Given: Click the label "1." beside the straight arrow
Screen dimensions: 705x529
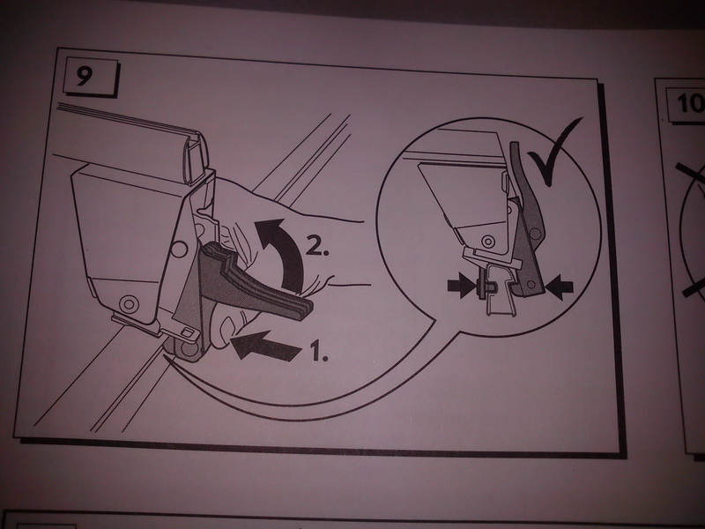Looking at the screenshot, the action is [319, 351].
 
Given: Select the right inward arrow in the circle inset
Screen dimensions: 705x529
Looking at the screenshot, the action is [559, 287].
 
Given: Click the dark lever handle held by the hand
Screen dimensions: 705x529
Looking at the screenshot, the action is [252, 283].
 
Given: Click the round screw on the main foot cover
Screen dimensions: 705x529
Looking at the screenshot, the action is [129, 303].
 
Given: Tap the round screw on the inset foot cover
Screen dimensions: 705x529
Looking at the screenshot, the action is [487, 242].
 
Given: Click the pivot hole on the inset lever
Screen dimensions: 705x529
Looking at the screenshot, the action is [535, 234].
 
